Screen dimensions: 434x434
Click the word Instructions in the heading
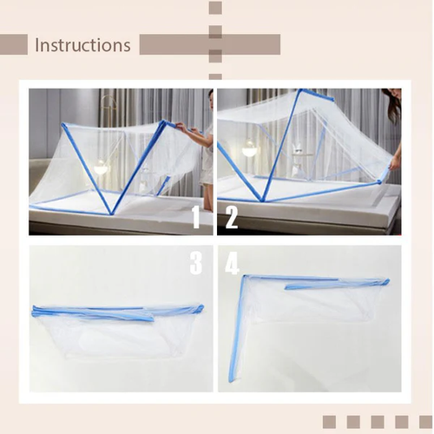click(82, 45)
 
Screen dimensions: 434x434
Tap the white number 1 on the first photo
click(196, 216)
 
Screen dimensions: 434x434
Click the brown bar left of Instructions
click(14, 45)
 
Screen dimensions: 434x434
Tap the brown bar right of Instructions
click(208, 45)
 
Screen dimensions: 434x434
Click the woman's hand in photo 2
click(395, 161)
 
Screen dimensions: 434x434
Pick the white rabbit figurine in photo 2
click(298, 149)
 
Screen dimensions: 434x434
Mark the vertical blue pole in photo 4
click(234, 330)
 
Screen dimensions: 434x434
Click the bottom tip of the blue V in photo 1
click(110, 211)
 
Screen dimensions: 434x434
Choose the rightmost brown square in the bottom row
click(425, 422)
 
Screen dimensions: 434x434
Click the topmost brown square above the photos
click(215, 8)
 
